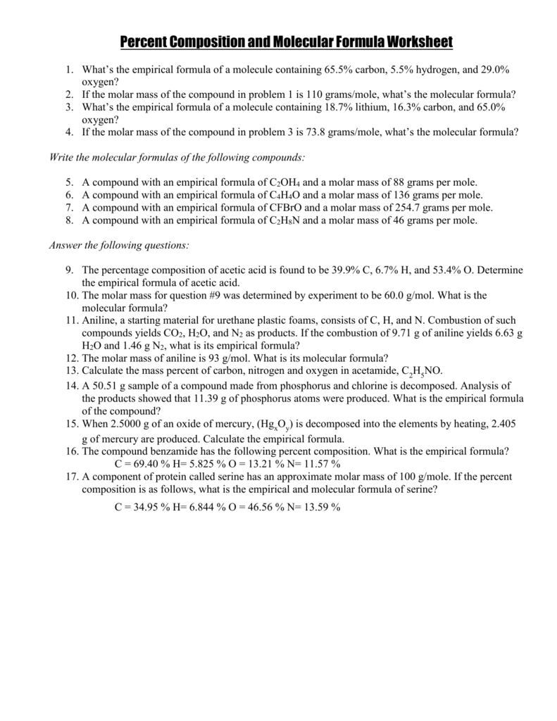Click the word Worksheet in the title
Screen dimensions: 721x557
409,43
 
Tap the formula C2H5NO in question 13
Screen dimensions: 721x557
421,372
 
